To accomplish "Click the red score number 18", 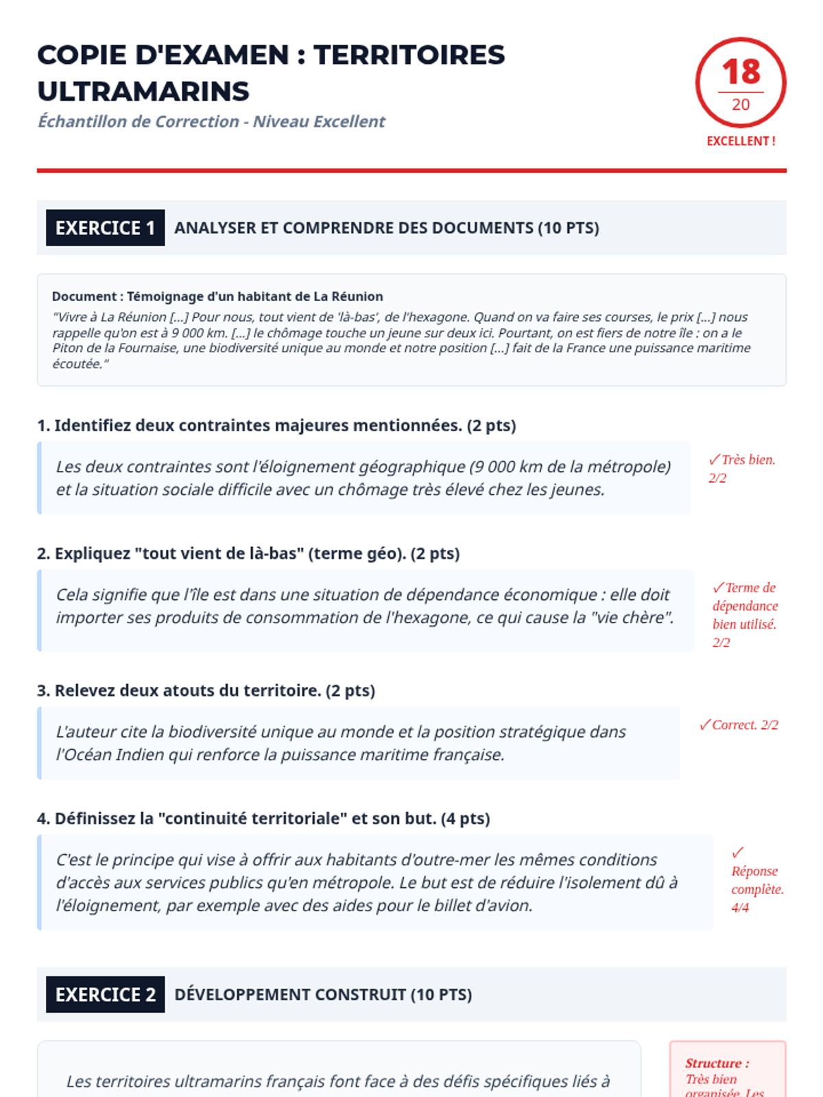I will (x=741, y=72).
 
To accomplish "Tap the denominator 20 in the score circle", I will (x=741, y=105).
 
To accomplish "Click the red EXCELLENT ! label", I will (x=741, y=141).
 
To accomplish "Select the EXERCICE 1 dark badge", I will (x=105, y=228).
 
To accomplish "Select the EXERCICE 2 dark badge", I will (x=105, y=994).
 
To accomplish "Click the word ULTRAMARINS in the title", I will (x=143, y=91).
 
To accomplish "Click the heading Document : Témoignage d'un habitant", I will (x=217, y=296).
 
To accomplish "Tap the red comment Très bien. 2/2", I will (x=742, y=468).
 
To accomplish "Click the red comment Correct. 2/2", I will (x=739, y=725).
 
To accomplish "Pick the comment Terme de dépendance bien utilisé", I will (x=745, y=614).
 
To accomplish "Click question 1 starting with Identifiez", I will (x=276, y=425).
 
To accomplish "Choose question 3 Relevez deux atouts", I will (x=206, y=690).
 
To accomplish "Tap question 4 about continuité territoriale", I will (x=263, y=818).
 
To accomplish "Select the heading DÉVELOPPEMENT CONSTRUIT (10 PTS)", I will (x=323, y=994).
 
